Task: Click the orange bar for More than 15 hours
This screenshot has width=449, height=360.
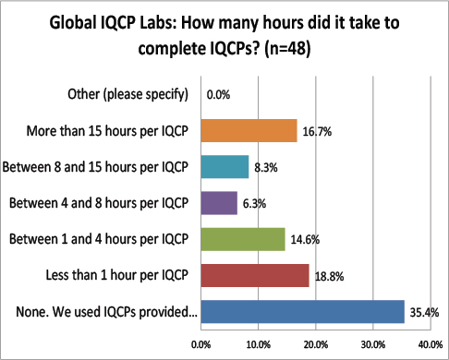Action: coord(249,130)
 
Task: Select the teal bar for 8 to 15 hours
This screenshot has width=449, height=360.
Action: coord(224,166)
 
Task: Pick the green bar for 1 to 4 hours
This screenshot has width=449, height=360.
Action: coord(243,238)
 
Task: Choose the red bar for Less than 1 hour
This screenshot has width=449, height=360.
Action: coord(255,274)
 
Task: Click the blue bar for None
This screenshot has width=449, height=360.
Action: coord(302,311)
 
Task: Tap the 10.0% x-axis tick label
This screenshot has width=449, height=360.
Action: coord(258,344)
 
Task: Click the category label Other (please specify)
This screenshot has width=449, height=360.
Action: coord(127,94)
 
